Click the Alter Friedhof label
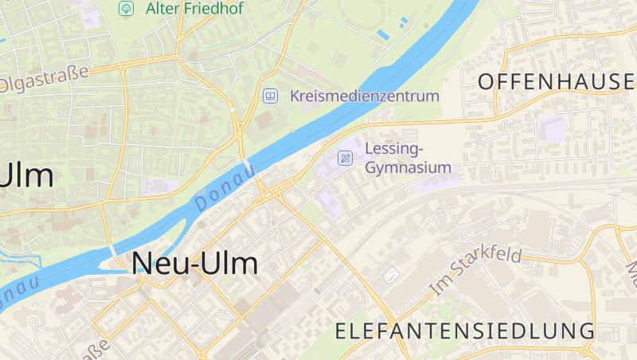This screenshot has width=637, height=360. (194, 9)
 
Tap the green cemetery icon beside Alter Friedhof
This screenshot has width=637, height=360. (126, 9)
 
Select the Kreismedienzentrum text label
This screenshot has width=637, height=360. (365, 96)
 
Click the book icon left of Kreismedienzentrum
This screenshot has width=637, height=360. (271, 96)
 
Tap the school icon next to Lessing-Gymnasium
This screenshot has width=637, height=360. (346, 158)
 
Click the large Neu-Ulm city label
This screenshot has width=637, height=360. (194, 262)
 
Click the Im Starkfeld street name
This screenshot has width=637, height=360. (475, 271)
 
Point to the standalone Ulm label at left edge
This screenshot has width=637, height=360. (27, 175)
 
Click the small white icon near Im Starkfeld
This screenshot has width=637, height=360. (390, 276)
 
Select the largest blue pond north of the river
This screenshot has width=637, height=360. (383, 34)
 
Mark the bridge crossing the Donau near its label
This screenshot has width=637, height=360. (250, 169)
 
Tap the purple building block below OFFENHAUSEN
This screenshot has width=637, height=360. (552, 127)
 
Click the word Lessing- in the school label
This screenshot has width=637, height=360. (394, 149)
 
